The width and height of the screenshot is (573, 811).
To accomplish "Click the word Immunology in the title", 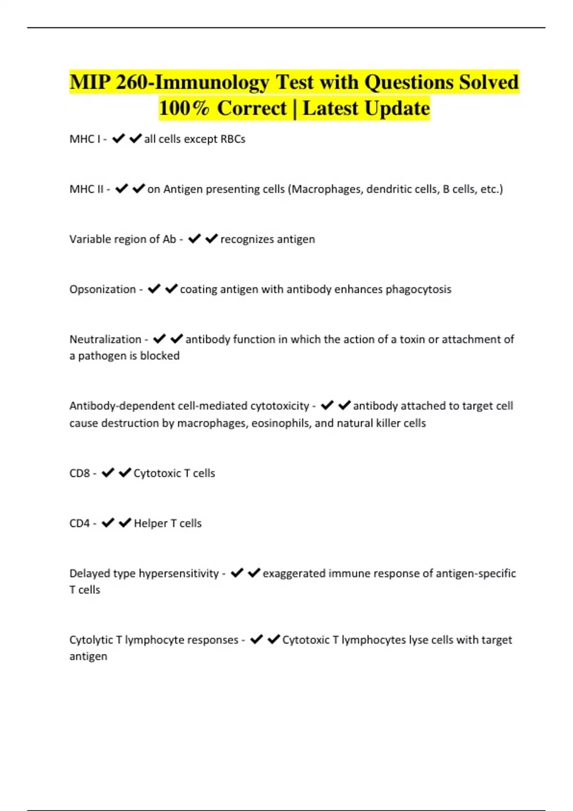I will pyautogui.click(x=212, y=82).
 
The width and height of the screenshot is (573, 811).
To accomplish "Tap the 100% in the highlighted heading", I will pyautogui.click(x=184, y=108).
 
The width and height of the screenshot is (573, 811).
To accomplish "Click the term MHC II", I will pyautogui.click(x=86, y=189).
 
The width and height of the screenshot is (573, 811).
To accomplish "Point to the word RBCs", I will pyautogui.click(x=233, y=139).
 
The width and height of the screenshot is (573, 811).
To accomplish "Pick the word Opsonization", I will pyautogui.click(x=103, y=289).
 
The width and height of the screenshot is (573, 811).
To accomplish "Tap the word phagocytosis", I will pyautogui.click(x=418, y=289).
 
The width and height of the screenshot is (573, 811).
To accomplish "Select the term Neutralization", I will pyautogui.click(x=106, y=339).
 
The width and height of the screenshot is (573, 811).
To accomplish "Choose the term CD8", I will pyautogui.click(x=79, y=473).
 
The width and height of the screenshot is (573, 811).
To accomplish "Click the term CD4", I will pyautogui.click(x=79, y=523).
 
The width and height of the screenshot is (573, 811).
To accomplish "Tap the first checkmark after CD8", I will pyautogui.click(x=108, y=473).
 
